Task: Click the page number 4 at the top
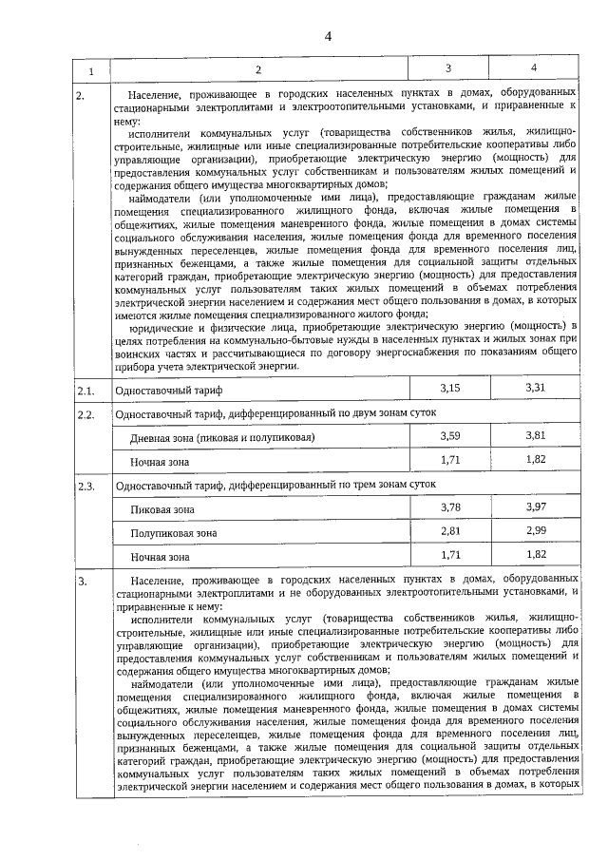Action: pos(328,37)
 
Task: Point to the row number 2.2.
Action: pos(85,415)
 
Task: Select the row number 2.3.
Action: pos(85,486)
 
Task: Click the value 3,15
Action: pos(449,389)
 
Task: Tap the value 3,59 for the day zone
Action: pos(449,435)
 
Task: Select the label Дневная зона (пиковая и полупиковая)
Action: pos(222,438)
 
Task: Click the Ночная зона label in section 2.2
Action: pos(160,462)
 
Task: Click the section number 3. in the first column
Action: pos(83,580)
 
